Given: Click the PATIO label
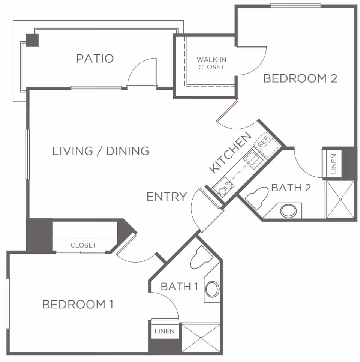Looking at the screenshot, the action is (95, 59).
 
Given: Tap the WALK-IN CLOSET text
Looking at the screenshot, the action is (211, 63).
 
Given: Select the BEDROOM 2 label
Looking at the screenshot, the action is (300, 78).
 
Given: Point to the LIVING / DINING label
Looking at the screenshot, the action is (100, 151).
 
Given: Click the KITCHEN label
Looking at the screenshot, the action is (230, 152).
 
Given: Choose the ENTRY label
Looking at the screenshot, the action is (166, 197).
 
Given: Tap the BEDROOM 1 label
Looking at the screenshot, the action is (78, 304).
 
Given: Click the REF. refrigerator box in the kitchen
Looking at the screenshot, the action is (267, 146).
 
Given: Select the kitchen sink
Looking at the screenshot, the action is (252, 159).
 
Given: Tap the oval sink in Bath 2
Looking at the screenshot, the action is (289, 211).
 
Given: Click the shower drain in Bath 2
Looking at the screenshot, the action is (340, 199).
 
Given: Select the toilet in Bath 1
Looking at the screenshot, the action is (201, 257).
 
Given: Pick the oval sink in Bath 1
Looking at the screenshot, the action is (212, 289).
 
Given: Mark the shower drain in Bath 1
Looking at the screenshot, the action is (201, 338).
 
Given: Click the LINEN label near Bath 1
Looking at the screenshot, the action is (165, 332).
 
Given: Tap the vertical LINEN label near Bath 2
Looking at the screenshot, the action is (334, 164).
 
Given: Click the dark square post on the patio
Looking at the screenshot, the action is (32, 40).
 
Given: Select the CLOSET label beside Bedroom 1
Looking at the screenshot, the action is (84, 245).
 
